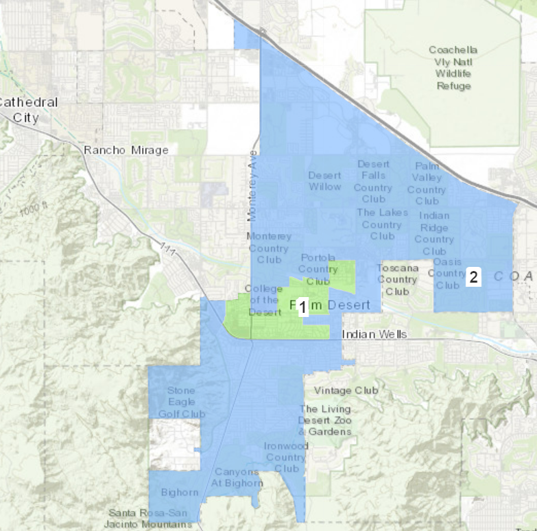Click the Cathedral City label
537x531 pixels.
tap(27, 110)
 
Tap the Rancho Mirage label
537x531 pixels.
tap(126, 150)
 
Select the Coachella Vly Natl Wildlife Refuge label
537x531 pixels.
tap(453, 68)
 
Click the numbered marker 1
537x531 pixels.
tap(302, 308)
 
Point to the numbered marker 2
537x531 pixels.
tap(473, 277)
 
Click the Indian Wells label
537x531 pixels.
tap(374, 334)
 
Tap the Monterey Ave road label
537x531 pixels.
tap(252, 195)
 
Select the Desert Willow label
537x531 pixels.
tap(324, 181)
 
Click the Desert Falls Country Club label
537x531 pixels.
tap(373, 181)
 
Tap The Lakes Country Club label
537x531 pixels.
tap(381, 224)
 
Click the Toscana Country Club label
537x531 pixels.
tap(397, 279)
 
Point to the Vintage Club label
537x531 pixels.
tap(346, 390)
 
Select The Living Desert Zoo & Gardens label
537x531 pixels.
tap(325, 420)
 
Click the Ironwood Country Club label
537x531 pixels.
tap(286, 457)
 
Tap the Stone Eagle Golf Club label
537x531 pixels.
tap(181, 402)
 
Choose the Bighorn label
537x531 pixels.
tap(179, 492)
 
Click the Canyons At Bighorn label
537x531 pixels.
tap(238, 477)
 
